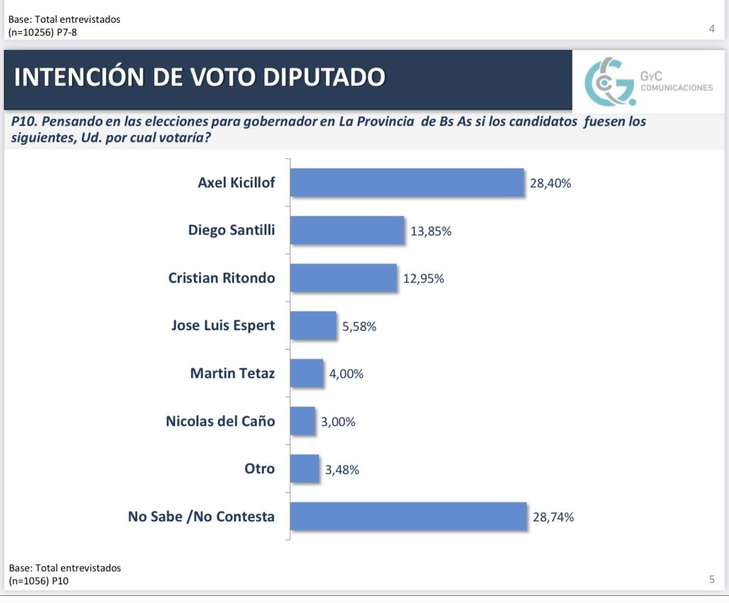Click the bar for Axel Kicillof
(x=406, y=182)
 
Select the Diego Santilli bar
(x=347, y=230)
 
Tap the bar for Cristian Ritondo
(x=343, y=278)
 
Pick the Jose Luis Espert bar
(x=313, y=325)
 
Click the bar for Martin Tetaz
(x=307, y=373)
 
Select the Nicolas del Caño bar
(x=303, y=421)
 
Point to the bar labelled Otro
(x=305, y=469)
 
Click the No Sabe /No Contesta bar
(x=408, y=517)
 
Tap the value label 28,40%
(x=550, y=183)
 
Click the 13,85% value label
(x=431, y=231)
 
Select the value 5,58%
(x=360, y=327)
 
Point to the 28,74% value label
(x=553, y=517)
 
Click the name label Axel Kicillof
(x=236, y=182)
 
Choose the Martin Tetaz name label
(x=232, y=373)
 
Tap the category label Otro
(x=259, y=469)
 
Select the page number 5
(x=712, y=580)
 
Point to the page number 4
(x=712, y=29)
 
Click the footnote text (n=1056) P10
(x=40, y=580)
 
